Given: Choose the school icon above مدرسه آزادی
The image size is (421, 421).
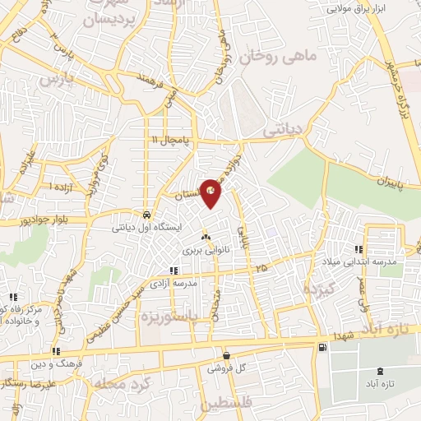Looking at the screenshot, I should tap(173, 270).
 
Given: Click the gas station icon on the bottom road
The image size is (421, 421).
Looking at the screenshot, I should tap(320, 347).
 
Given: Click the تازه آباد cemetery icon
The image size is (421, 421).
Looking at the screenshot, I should tap(379, 372).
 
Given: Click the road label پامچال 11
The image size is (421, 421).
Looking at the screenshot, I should tap(169, 141).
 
